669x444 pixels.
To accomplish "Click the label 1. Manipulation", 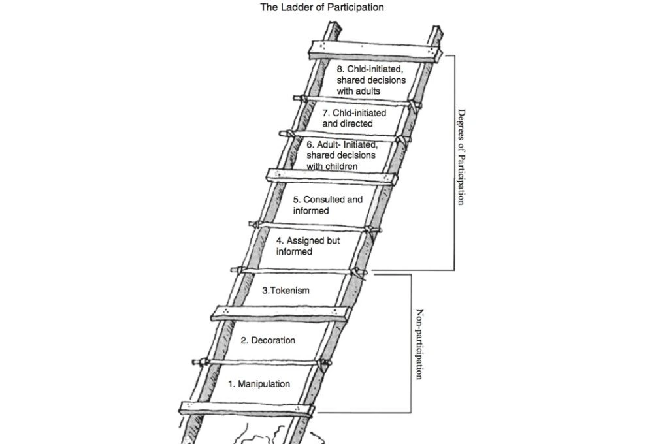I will click(259, 384).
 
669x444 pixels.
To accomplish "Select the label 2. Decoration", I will click(268, 340).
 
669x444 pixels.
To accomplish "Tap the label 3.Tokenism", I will click(286, 291).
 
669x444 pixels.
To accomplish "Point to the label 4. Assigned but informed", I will click(308, 246).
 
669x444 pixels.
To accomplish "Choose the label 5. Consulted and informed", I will click(327, 205).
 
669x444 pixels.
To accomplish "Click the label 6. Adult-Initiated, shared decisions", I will click(341, 155).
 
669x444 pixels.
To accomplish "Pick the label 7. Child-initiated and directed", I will click(353, 118).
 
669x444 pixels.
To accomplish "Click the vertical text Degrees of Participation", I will click(461, 157).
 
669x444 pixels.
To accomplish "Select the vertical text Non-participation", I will click(420, 343).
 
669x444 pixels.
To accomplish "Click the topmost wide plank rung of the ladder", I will click(376, 52).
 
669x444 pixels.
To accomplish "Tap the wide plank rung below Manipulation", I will click(246, 409).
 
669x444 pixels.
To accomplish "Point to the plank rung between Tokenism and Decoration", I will click(278, 313).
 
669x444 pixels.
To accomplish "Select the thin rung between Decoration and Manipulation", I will click(261, 362).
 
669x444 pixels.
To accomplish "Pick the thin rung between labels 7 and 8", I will click(356, 101).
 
